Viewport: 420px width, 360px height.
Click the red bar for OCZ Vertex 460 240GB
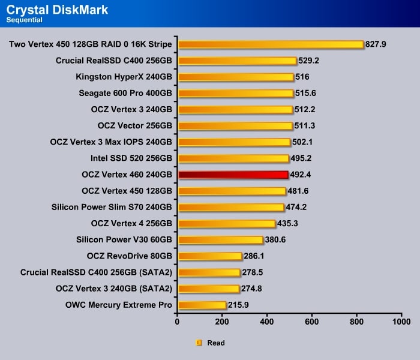click(x=233, y=175)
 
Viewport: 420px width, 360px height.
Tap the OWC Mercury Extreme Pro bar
click(x=202, y=305)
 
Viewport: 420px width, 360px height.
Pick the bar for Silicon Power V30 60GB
click(x=220, y=240)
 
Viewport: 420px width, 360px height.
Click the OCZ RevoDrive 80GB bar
click(x=209, y=256)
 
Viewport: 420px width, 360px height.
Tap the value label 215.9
click(x=239, y=305)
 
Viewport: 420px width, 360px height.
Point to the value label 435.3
click(x=288, y=224)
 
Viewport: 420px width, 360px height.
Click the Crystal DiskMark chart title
click(x=58, y=9)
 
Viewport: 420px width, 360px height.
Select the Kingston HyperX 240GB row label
click(x=124, y=77)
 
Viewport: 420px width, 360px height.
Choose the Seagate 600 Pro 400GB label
click(x=125, y=93)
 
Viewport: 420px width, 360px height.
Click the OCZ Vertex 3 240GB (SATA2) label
click(x=114, y=289)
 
